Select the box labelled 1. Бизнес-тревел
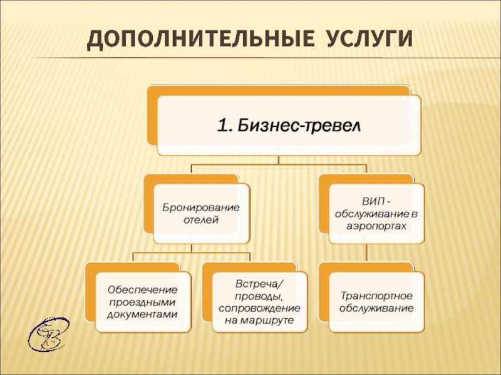click(x=289, y=126)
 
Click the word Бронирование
click(x=201, y=207)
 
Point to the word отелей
click(x=201, y=219)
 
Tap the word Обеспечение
click(x=142, y=290)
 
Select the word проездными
click(x=142, y=302)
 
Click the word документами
click(x=142, y=314)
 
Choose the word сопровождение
click(x=259, y=308)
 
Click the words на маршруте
click(x=259, y=320)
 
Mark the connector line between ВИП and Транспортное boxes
click(x=367, y=253)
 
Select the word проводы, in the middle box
click(x=259, y=296)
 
